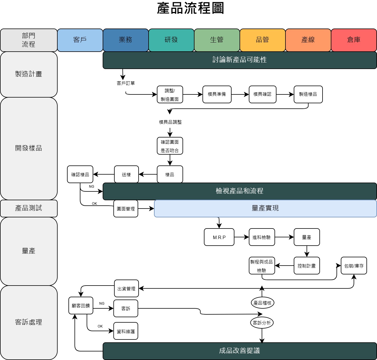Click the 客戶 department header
(80, 40)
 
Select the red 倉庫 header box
(354, 40)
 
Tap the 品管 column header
(262, 40)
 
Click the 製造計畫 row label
(29, 74)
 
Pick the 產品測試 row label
(29, 208)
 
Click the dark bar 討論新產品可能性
(240, 60)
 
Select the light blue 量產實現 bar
(265, 208)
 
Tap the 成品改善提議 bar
(240, 351)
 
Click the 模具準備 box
(217, 94)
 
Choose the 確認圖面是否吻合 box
(170, 146)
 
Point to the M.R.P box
(219, 237)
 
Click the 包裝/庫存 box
(354, 266)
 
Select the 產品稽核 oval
(262, 303)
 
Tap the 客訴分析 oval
(262, 323)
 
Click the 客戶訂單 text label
(126, 83)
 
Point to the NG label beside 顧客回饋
(102, 304)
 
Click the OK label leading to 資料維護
(100, 326)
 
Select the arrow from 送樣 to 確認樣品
(104, 174)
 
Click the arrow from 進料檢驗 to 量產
(284, 237)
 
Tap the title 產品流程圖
(190, 8)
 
